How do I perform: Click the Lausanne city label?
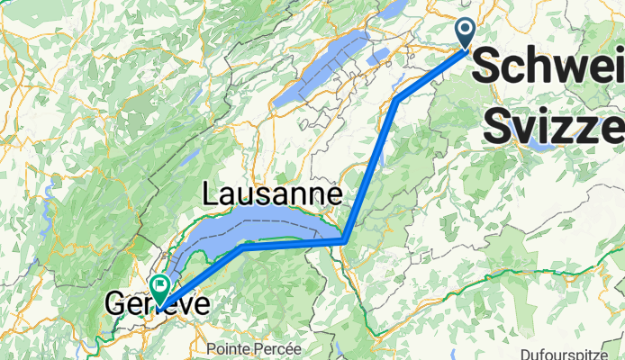pyautogui.click(x=274, y=193)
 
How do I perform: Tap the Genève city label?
pyautogui.click(x=157, y=305)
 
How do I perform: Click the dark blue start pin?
pyautogui.click(x=466, y=32)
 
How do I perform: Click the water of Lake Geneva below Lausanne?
pyautogui.click(x=270, y=225)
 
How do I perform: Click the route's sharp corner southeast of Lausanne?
pyautogui.click(x=345, y=240)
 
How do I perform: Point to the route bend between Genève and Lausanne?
pyautogui.click(x=240, y=250)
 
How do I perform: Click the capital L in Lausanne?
pyautogui.click(x=213, y=193)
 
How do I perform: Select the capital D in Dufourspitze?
pyautogui.click(x=525, y=354)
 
